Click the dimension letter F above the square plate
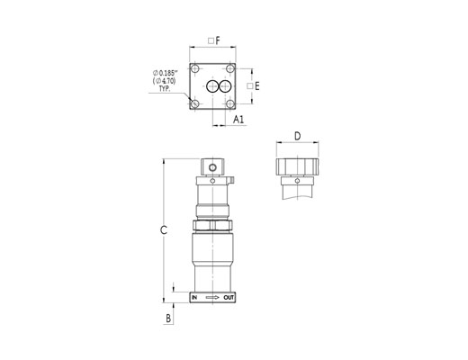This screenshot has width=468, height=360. (x=218, y=40)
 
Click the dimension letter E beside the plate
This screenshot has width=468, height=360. (x=256, y=86)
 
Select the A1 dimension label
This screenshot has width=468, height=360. (x=238, y=120)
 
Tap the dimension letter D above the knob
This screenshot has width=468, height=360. (x=297, y=136)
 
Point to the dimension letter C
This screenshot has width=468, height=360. (x=164, y=230)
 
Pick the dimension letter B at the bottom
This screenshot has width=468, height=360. (x=168, y=319)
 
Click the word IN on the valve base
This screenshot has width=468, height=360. (x=194, y=298)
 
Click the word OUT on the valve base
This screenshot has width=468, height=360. (x=229, y=298)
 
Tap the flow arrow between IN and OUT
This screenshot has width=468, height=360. (x=212, y=298)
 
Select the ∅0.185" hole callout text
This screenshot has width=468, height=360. (x=166, y=73)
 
